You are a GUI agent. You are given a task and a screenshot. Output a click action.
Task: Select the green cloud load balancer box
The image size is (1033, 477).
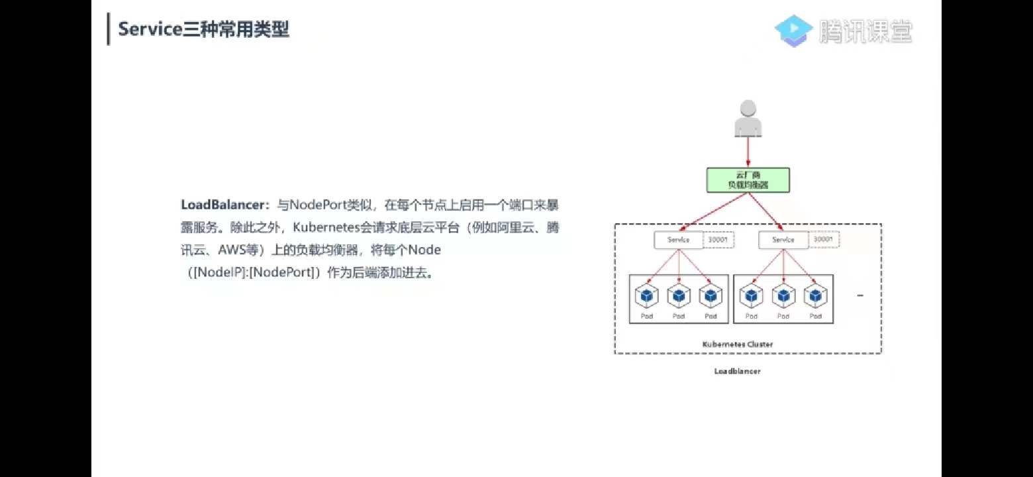(x=748, y=180)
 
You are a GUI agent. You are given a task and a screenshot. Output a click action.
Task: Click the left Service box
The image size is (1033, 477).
(x=678, y=240)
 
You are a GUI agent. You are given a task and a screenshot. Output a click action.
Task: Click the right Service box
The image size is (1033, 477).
(x=783, y=240)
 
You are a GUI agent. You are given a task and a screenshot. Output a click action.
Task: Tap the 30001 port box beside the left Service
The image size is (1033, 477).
(x=718, y=240)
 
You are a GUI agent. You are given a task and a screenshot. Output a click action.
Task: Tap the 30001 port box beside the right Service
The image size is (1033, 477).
(x=823, y=240)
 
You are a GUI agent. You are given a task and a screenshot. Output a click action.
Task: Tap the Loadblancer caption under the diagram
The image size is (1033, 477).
(x=737, y=372)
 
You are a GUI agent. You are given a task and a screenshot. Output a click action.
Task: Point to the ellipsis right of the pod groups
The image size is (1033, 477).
(x=860, y=295)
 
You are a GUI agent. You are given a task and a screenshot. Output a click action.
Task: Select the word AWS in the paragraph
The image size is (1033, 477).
(x=231, y=250)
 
